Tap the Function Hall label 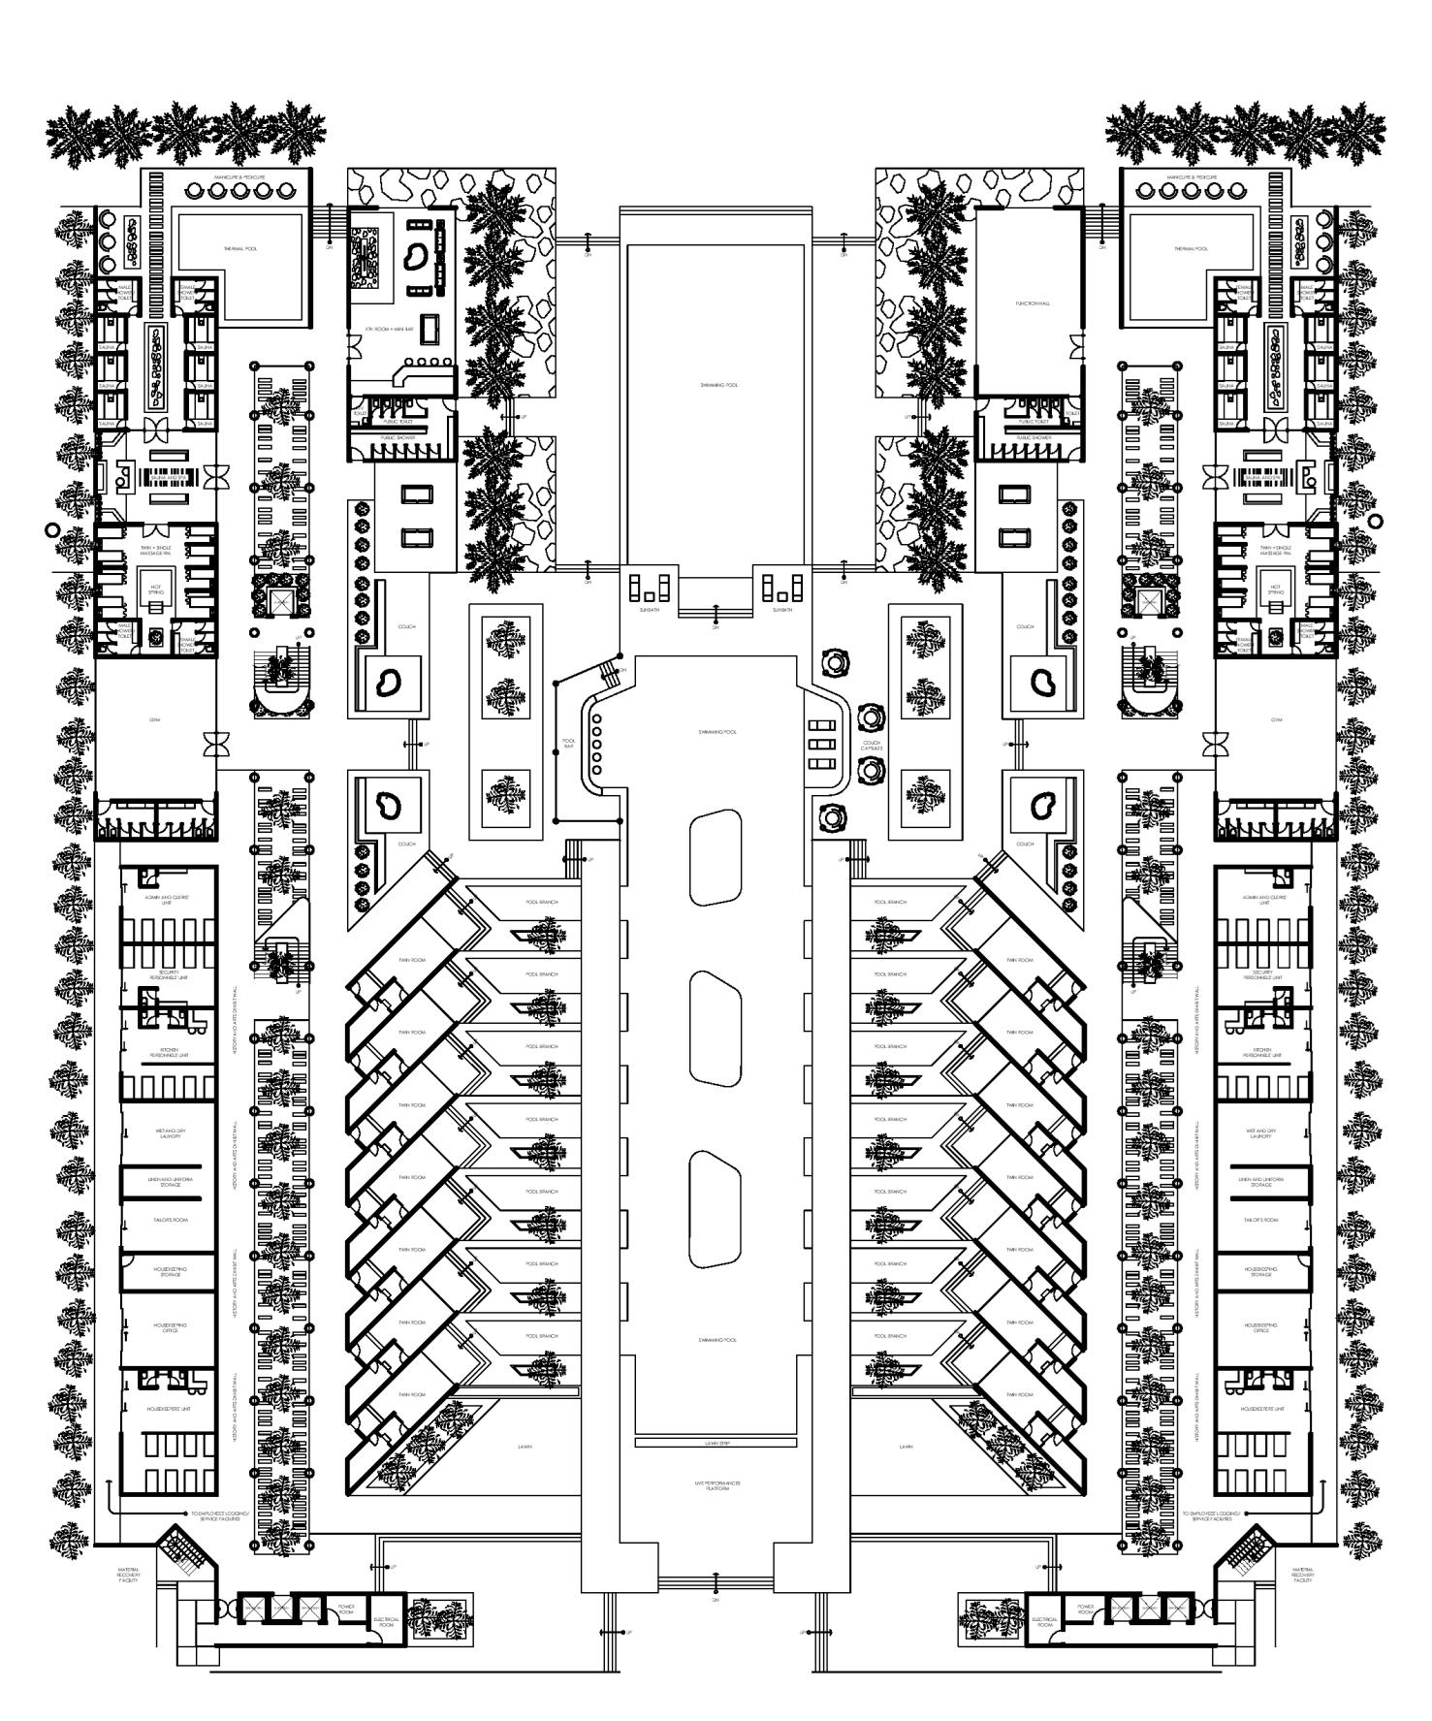1033,303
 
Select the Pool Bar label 569,746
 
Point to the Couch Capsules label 871,746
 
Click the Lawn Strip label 716,1444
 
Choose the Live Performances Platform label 716,1486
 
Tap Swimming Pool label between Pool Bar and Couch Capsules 716,732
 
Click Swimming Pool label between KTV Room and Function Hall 718,385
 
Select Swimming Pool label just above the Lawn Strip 716,1340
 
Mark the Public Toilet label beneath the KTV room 401,423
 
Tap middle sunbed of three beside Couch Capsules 821,744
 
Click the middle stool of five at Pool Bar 596,744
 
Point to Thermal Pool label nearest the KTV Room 239,249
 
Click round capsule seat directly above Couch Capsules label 872,717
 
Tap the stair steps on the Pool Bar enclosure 609,670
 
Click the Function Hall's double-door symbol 1073,344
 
